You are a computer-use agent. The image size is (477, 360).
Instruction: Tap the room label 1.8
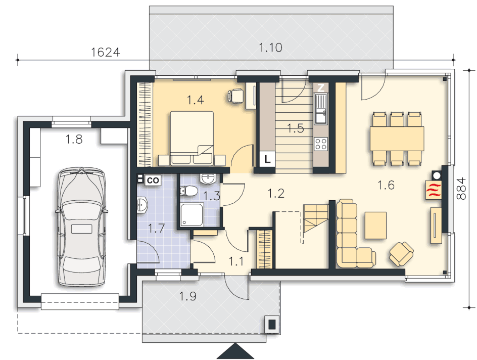(74, 140)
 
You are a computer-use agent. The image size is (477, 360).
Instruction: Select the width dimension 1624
(106, 53)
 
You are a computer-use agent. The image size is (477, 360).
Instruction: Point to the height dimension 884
(461, 189)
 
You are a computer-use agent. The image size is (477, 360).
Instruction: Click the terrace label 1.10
(270, 48)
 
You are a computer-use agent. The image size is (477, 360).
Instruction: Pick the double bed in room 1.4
(192, 138)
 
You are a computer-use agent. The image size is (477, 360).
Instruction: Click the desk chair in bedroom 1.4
(235, 96)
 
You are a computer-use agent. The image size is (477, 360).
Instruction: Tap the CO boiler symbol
(153, 181)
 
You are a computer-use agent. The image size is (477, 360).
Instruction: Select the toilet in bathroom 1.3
(188, 191)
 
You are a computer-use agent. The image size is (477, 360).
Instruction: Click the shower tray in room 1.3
(192, 215)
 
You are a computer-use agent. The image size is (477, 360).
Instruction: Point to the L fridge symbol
(267, 159)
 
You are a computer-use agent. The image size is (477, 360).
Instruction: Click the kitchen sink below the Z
(321, 109)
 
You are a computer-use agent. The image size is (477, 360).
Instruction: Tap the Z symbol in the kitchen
(321, 88)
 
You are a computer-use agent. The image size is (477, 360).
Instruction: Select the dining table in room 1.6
(397, 139)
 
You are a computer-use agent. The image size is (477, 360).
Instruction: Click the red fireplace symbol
(434, 190)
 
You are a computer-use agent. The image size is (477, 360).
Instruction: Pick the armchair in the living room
(401, 253)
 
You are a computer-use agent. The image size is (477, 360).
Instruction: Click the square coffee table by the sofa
(375, 225)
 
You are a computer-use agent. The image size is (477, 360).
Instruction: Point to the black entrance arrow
(235, 351)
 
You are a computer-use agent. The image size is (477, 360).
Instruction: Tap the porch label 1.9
(187, 296)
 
